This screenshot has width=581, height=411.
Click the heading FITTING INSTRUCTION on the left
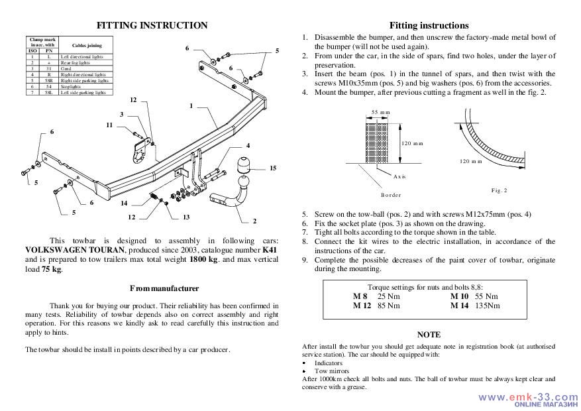click(x=152, y=25)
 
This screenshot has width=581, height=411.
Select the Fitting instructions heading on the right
click(x=429, y=25)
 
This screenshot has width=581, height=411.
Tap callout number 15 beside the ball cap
click(x=272, y=168)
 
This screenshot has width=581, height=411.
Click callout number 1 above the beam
click(x=191, y=106)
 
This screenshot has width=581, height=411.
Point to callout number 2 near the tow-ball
click(x=255, y=221)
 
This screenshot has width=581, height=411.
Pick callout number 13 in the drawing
click(x=186, y=217)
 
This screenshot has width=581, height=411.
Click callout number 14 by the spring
click(x=124, y=203)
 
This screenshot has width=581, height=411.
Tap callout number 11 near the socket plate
click(x=109, y=125)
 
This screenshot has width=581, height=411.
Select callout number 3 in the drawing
click(x=121, y=114)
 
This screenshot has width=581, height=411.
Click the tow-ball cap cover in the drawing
click(x=242, y=165)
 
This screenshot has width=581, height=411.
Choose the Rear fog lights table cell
click(x=72, y=63)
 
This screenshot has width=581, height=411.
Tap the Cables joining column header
click(x=85, y=44)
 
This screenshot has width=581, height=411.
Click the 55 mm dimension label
click(x=380, y=112)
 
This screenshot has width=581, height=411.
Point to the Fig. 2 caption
click(x=499, y=191)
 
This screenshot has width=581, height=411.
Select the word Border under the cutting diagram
click(x=391, y=195)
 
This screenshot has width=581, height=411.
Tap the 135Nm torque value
click(x=487, y=306)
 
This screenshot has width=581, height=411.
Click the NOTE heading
click(x=429, y=335)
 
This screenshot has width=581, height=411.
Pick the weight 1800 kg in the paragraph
click(x=203, y=261)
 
